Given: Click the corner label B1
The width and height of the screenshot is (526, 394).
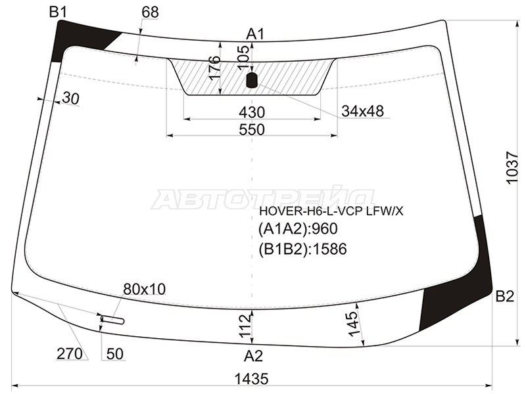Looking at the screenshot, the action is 58,12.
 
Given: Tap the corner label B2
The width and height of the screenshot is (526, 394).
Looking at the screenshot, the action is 504,297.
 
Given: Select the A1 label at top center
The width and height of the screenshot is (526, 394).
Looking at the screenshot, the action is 256,34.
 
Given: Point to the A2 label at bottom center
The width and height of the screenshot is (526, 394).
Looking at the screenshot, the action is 253,356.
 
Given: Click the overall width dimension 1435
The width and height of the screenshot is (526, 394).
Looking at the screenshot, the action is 252,380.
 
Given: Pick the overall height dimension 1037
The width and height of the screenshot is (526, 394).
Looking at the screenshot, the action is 513,167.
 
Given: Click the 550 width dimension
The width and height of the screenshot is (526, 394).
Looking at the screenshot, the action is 252,129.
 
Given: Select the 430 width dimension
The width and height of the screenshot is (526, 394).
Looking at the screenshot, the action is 252,112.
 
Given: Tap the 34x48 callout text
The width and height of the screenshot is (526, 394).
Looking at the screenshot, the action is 363,111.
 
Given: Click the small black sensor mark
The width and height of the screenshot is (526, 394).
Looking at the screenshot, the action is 252,80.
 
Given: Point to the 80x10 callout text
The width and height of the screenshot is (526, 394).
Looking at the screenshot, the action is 145,289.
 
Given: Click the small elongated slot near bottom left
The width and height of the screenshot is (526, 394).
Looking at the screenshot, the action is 113,320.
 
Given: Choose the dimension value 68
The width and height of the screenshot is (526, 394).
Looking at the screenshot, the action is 150,12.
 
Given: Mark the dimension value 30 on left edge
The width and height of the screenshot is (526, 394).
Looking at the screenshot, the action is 71,98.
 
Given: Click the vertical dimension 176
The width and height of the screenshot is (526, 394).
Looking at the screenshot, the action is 215,68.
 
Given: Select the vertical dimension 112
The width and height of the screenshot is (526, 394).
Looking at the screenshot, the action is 246,325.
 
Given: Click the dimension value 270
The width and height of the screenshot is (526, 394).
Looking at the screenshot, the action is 70,354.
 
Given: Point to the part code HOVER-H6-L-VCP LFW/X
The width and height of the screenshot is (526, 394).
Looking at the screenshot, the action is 331,211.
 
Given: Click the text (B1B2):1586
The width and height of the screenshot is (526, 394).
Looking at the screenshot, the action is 303,249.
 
